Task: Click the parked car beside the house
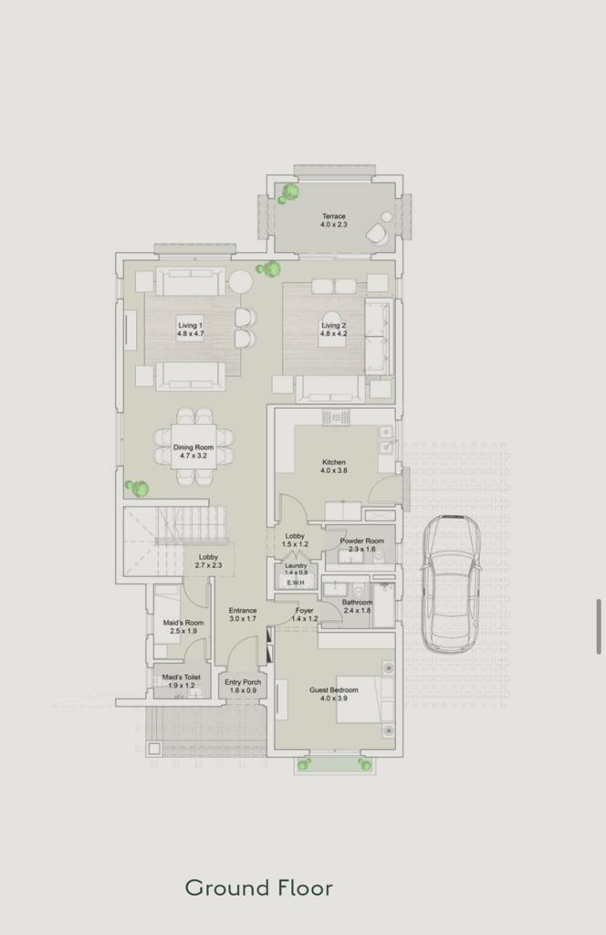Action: point(452,583)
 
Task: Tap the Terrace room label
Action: point(334,220)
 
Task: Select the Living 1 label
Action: point(190,329)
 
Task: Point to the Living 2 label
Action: point(333,329)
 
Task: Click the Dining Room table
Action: point(193,446)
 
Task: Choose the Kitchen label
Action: point(334,466)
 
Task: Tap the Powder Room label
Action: point(361,544)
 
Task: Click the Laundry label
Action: point(296,569)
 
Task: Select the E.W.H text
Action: point(296,583)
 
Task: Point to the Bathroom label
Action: point(357,606)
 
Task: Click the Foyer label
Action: point(305,615)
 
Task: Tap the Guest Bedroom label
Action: point(334,694)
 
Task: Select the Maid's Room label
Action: point(183,626)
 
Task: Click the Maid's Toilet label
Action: point(181,681)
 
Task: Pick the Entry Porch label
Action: point(243,686)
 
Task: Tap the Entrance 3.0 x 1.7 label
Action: point(243,615)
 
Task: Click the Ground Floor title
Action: point(258,888)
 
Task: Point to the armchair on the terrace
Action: point(377,233)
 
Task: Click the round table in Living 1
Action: point(241,281)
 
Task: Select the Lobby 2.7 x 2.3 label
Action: point(208,561)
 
